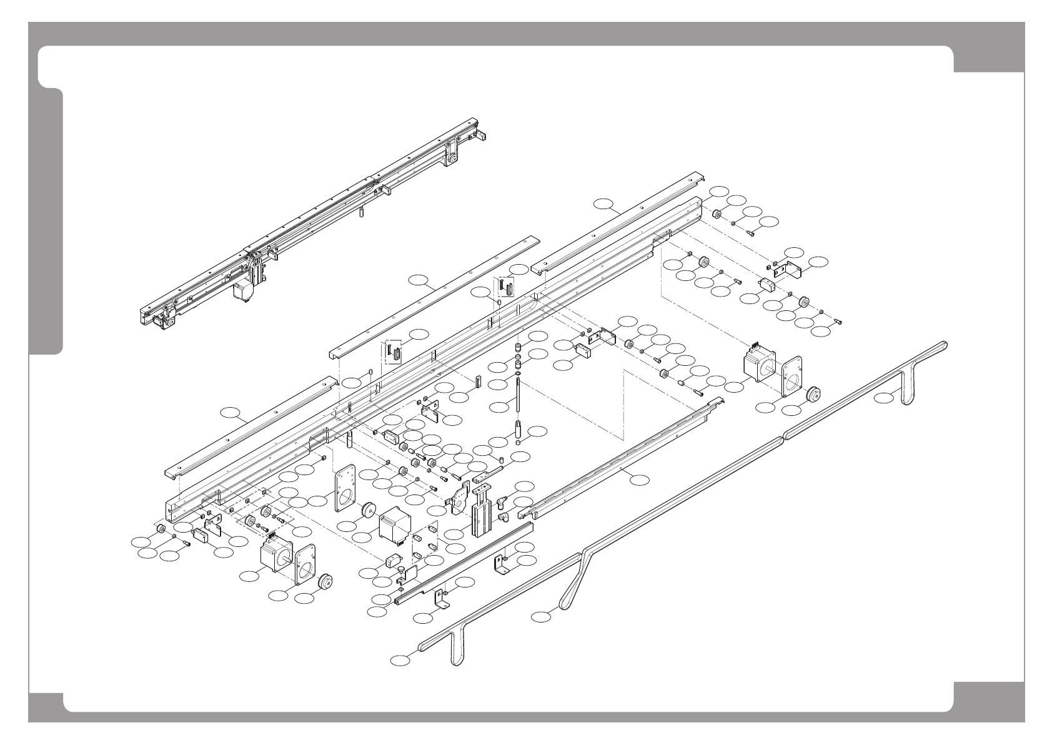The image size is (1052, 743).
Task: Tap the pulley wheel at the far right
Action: click(813, 395)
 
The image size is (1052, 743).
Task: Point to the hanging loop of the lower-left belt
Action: click(456, 649)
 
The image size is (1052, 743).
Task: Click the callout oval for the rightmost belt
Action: click(884, 398)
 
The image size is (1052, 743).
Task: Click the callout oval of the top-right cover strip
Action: click(604, 203)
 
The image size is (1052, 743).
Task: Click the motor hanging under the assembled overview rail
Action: click(242, 290)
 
